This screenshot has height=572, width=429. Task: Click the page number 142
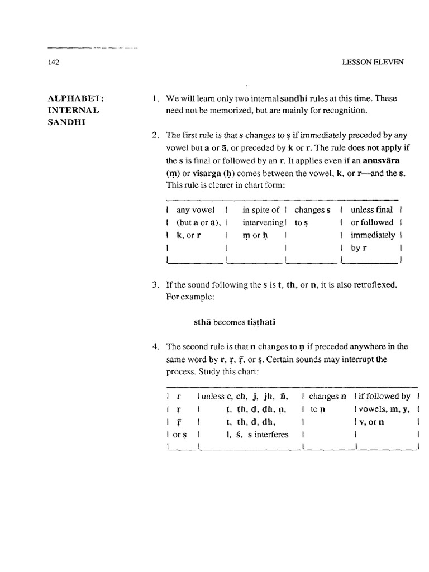pos(54,63)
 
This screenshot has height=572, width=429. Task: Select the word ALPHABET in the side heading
pos(72,98)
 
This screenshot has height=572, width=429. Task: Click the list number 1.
pos(155,98)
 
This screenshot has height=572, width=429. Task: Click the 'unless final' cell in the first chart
pos(371,210)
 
